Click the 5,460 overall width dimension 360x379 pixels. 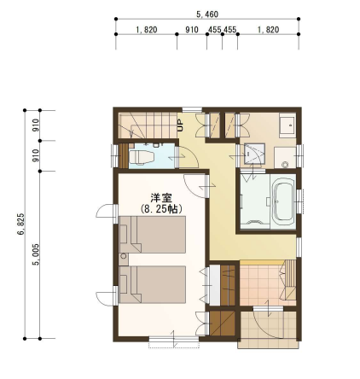tap(207, 15)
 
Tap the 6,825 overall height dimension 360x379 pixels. tap(20, 224)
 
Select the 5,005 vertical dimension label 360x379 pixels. tap(36, 254)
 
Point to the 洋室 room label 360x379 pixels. tap(161, 198)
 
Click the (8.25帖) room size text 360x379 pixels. tap(161, 209)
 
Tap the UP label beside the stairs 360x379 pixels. tap(180, 125)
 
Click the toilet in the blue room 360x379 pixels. tap(142, 157)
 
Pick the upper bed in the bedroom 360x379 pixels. tap(153, 235)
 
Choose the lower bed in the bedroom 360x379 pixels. tap(153, 284)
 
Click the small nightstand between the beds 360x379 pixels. tap(124, 259)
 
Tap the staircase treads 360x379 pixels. tap(147, 125)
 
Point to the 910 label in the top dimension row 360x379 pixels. tap(192, 30)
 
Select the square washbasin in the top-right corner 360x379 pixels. tap(287, 125)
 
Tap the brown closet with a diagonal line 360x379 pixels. tap(223, 324)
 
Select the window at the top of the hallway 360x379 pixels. tap(192, 109)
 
